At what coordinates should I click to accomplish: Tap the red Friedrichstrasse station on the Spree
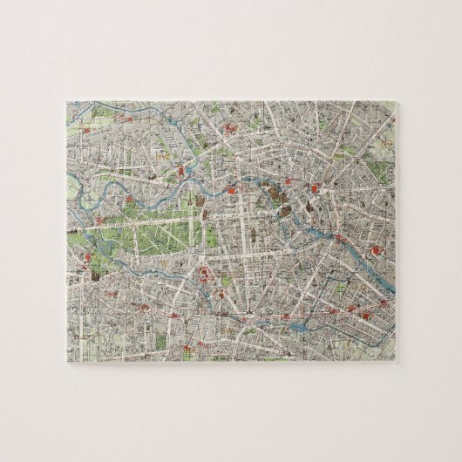click(x=236, y=194)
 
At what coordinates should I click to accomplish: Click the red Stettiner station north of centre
click(x=229, y=131)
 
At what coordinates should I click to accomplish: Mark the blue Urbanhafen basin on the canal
click(x=296, y=326)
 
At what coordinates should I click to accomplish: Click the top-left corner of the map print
click(x=65, y=100)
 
